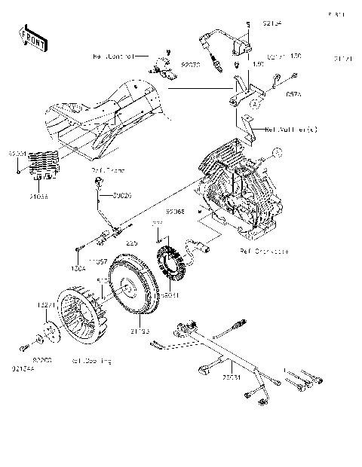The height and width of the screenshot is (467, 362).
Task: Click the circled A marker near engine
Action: (x=278, y=154)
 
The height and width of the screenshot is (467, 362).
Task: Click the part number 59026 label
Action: (x=122, y=196)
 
